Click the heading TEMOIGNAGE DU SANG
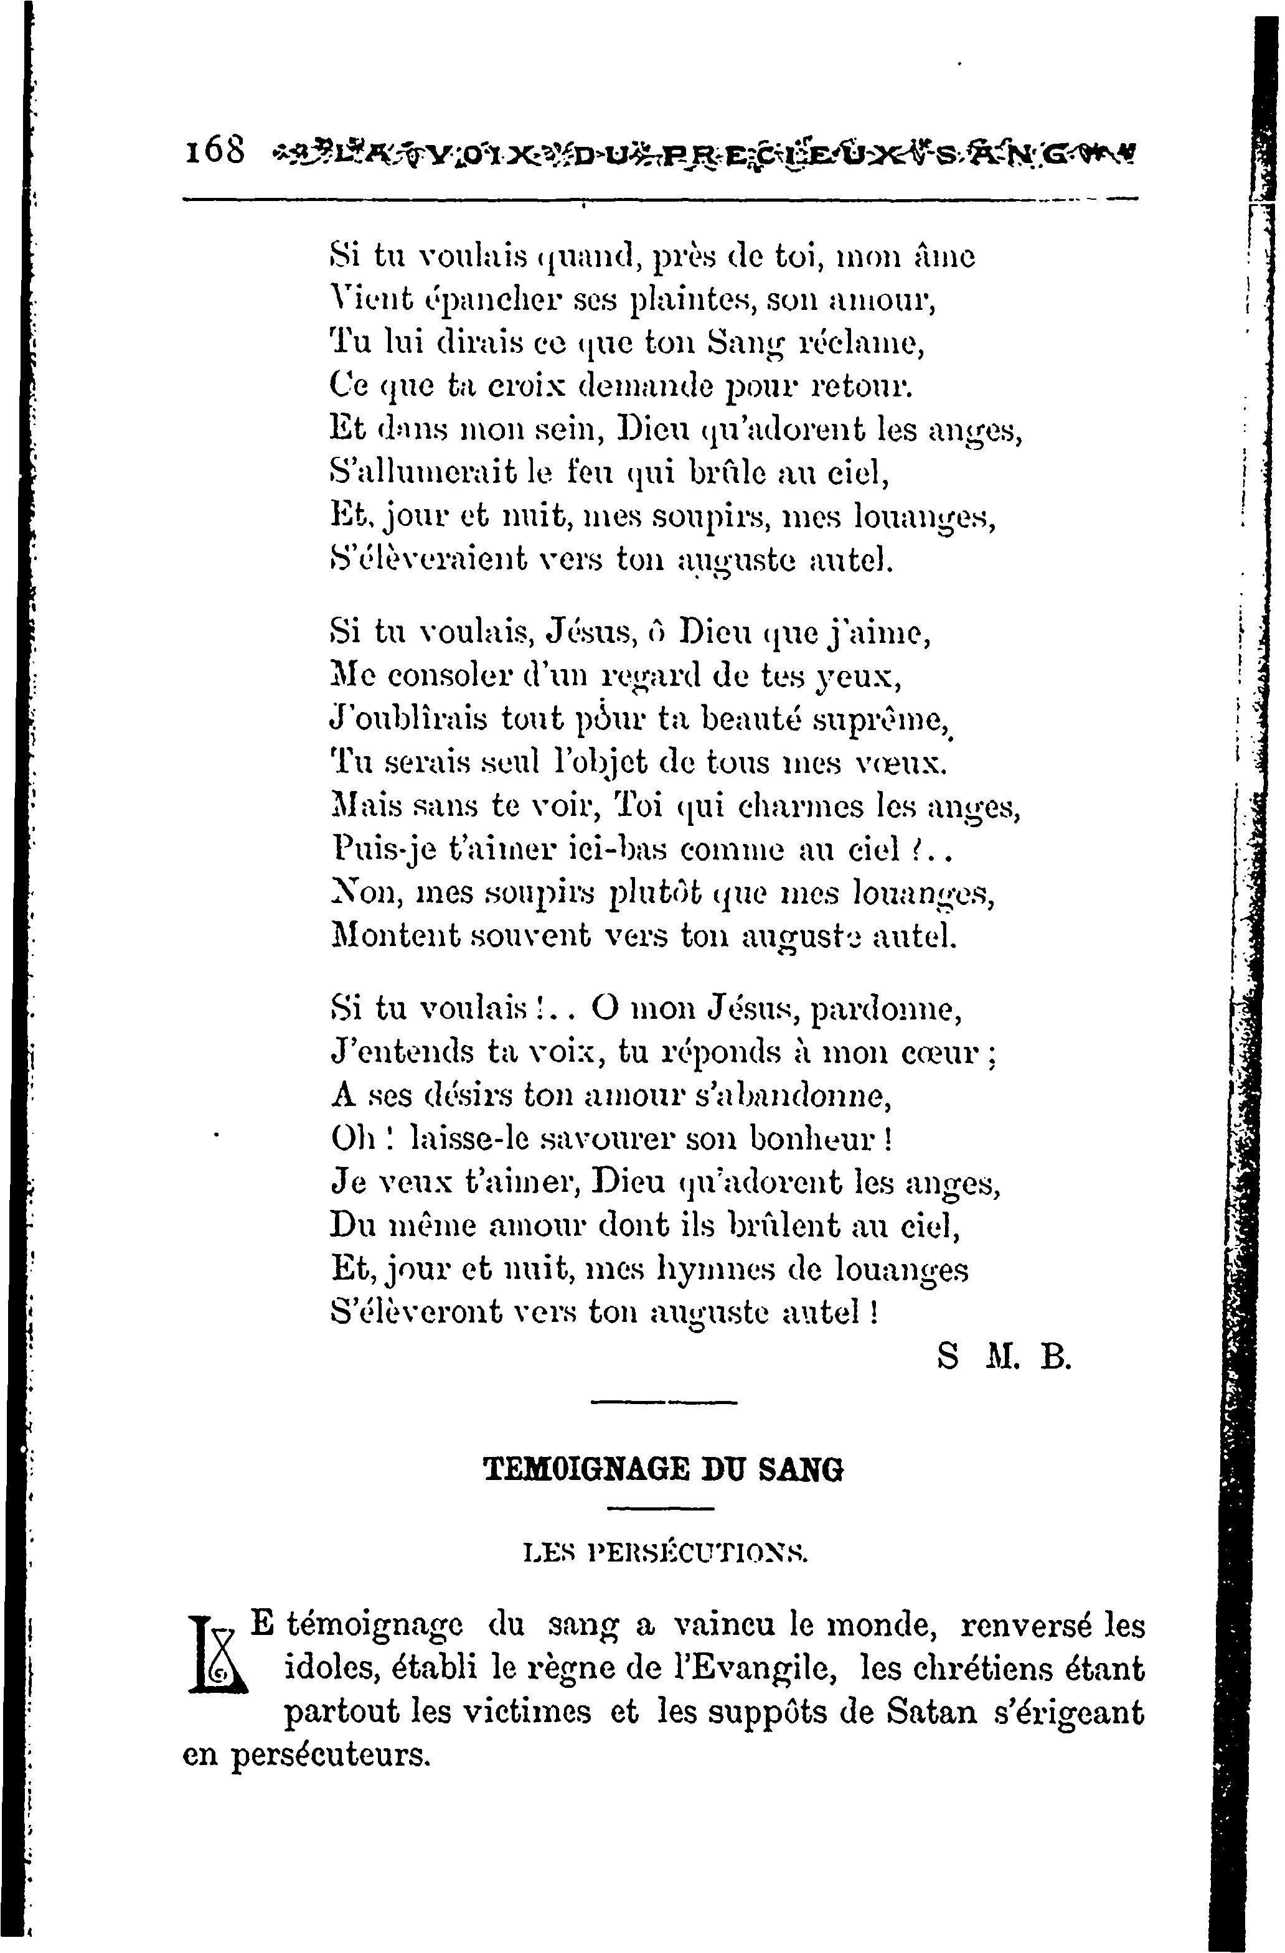[664, 1469]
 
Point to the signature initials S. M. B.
[1004, 1358]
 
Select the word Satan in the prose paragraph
[931, 1712]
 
